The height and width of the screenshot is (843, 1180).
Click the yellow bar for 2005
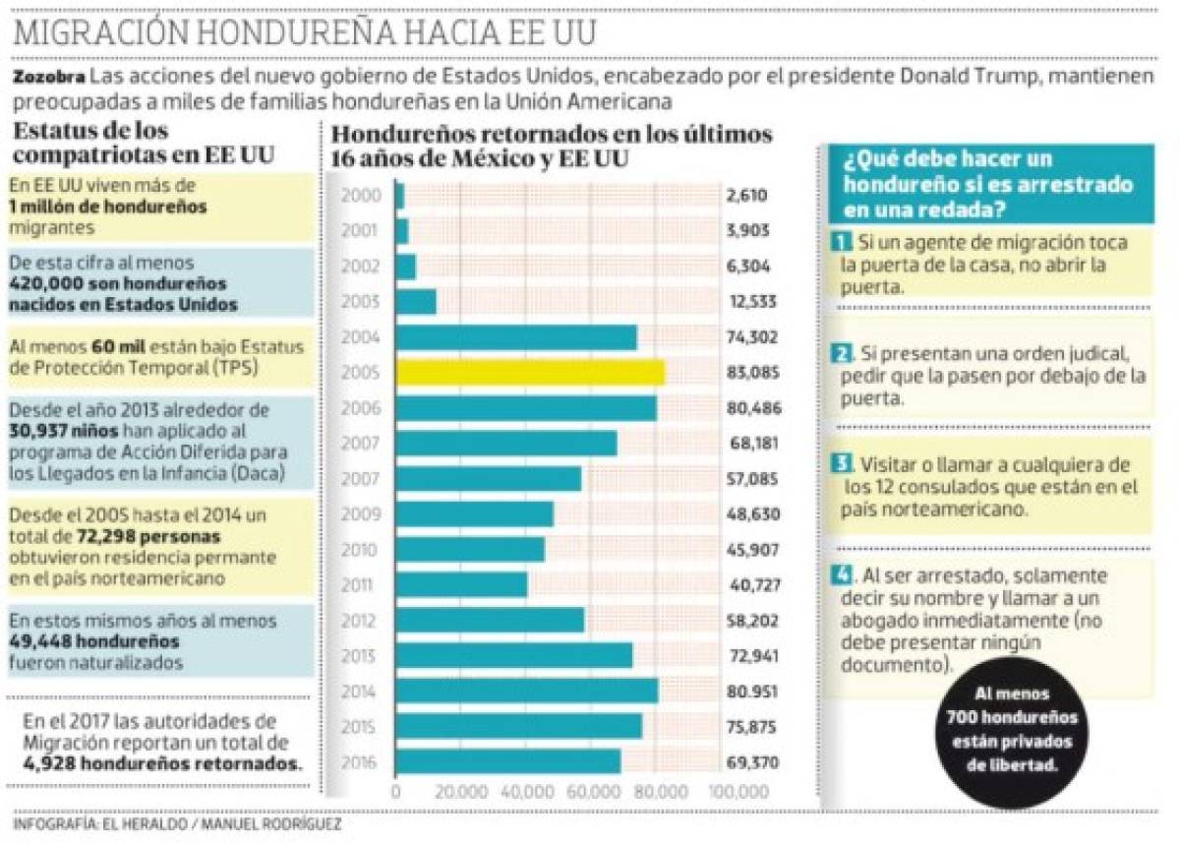(530, 373)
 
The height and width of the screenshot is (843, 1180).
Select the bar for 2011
(461, 585)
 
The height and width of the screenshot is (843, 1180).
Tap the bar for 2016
(507, 762)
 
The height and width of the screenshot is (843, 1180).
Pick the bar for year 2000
(399, 197)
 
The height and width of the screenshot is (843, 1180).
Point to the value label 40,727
(753, 585)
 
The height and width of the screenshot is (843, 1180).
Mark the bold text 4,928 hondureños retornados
(162, 763)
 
